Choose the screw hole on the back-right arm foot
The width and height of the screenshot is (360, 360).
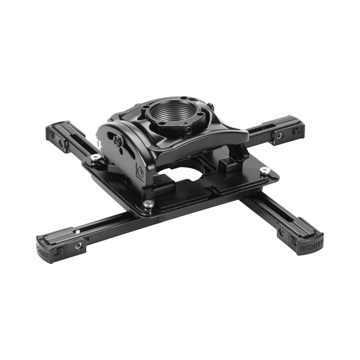pyautogui.click(x=278, y=136)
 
